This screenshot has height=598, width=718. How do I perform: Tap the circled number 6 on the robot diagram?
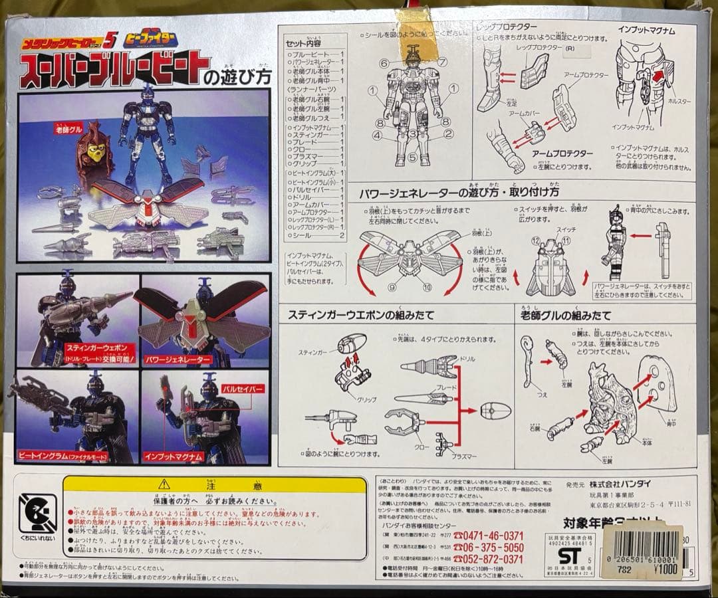(x=384, y=64)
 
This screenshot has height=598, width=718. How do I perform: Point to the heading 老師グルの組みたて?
(x=565, y=314)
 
